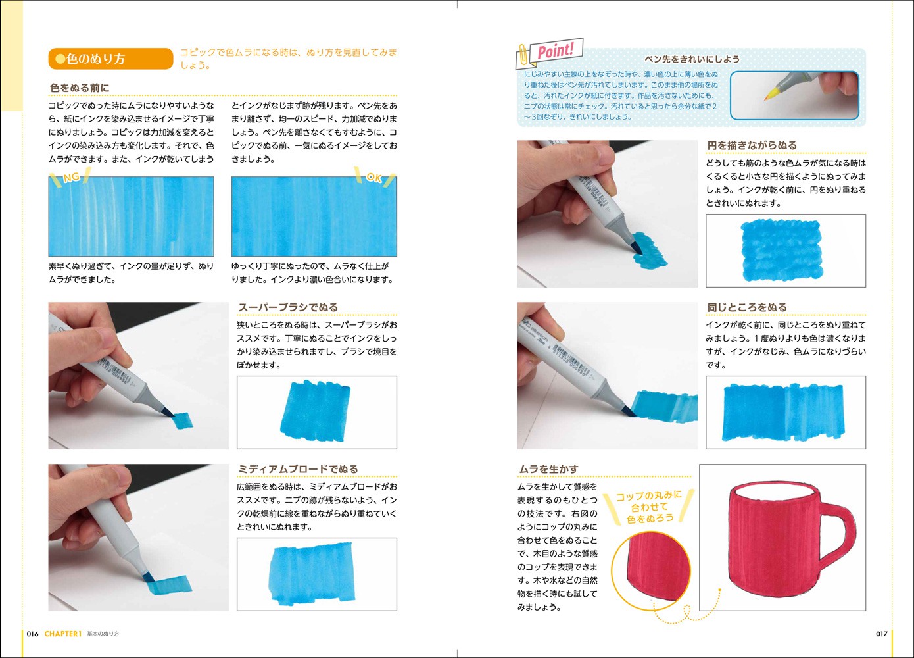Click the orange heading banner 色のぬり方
click(110, 59)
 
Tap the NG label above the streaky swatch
click(72, 178)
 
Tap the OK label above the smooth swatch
click(374, 177)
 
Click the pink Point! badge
click(556, 51)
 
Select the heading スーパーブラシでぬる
click(288, 307)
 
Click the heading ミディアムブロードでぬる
click(298, 469)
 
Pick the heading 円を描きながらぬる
click(752, 145)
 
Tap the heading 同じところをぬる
click(747, 307)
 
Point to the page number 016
click(33, 634)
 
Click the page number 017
click(882, 634)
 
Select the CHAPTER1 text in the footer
click(63, 634)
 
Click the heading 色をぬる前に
click(80, 88)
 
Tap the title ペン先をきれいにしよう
click(692, 59)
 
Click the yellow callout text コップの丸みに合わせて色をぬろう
click(650, 507)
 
